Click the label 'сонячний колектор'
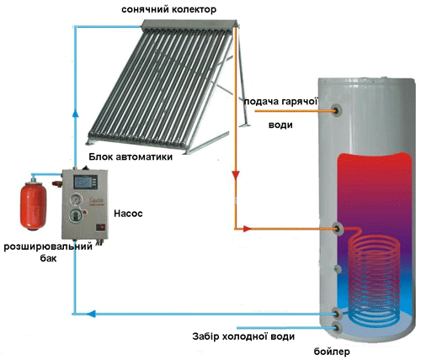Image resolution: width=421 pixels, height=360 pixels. (x=168, y=9)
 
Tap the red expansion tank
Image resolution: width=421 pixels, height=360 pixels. (x=33, y=206)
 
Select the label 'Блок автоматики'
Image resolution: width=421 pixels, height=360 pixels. (x=131, y=156)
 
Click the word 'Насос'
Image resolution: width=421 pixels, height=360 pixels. (x=128, y=214)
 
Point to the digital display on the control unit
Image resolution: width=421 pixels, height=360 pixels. (x=86, y=182)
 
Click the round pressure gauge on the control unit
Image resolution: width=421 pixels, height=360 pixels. (x=77, y=200)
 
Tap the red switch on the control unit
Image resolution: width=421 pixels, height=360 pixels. (x=101, y=227)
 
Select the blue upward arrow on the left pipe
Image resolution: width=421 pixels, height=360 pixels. (x=76, y=113)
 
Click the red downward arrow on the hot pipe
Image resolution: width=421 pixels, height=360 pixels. (x=236, y=175)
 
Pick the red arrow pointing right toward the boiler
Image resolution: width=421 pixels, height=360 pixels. (x=247, y=229)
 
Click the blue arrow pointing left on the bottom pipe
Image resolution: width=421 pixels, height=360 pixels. (x=91, y=314)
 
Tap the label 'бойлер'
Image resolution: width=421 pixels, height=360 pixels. (x=332, y=352)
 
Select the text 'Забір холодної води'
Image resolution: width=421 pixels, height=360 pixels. (x=243, y=336)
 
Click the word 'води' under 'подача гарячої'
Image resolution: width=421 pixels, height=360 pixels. (x=280, y=124)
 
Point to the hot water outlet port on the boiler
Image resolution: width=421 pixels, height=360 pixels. (x=337, y=110)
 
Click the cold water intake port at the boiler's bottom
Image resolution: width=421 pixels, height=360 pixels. (x=337, y=327)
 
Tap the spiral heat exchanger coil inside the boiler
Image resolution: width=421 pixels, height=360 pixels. (x=374, y=278)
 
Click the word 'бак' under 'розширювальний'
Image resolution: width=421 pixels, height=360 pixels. (x=48, y=258)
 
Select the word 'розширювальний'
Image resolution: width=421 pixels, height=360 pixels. (x=48, y=247)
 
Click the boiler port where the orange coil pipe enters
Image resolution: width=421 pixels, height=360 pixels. (x=338, y=229)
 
